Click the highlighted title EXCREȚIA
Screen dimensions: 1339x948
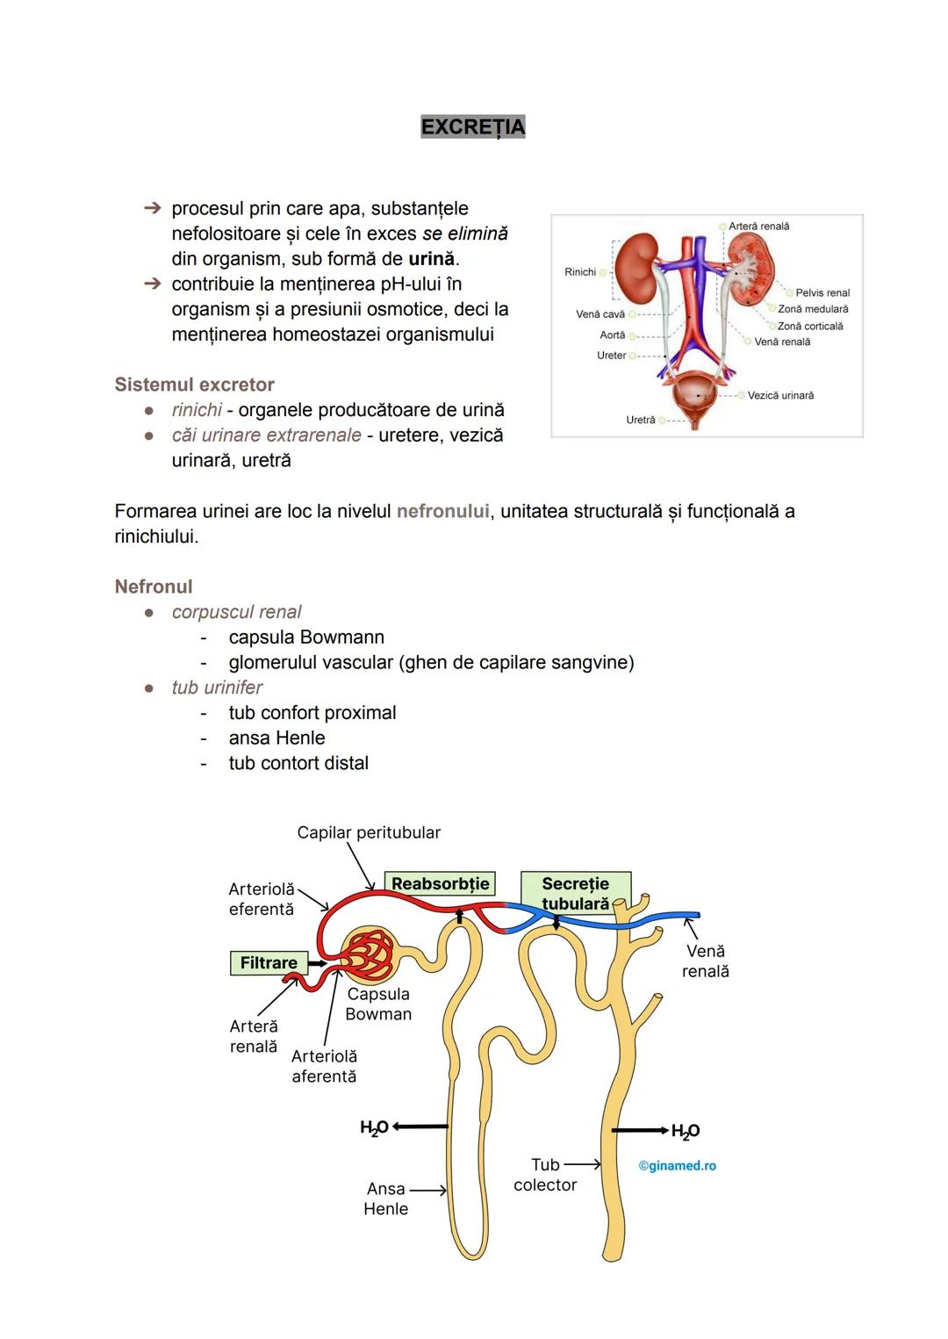pos(472,127)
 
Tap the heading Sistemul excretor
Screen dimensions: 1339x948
pos(194,385)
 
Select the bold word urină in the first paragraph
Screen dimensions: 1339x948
pos(431,259)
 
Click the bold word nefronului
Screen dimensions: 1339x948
pos(442,511)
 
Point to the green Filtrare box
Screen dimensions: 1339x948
pos(269,963)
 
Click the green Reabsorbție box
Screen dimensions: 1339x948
pos(440,883)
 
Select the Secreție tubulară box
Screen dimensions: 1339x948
pos(575,893)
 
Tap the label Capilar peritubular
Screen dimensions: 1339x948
pos(369,832)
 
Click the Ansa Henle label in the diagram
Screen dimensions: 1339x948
pos(385,1199)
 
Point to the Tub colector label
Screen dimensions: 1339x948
pos(545,1175)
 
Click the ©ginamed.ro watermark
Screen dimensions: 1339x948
pos(677,1166)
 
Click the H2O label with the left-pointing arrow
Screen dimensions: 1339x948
pos(374,1127)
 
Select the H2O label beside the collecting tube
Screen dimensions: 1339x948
pos(686,1131)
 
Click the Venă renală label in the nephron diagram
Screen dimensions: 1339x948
pos(706,961)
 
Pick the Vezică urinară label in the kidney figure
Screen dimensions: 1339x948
pos(780,396)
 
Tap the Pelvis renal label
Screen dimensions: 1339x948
pos(822,293)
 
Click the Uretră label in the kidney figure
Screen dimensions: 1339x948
pos(640,421)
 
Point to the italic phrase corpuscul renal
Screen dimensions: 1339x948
pos(236,612)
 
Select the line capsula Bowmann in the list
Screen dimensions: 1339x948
pos(306,637)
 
